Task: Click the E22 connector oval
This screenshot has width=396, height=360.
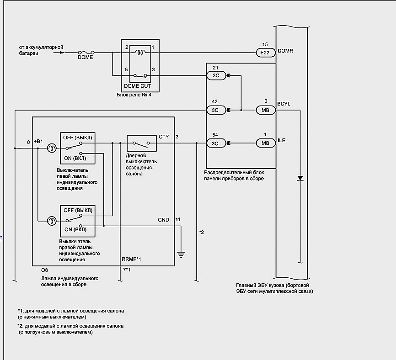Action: (x=265, y=53)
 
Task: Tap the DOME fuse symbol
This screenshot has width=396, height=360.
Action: (x=86, y=53)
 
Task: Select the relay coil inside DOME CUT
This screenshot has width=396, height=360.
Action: (x=140, y=52)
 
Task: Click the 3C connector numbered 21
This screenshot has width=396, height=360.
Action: (x=216, y=75)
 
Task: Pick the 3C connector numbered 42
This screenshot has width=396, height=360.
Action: (x=216, y=110)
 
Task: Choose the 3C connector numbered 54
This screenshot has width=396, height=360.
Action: (x=216, y=143)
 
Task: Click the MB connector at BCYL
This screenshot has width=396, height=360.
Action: (x=266, y=110)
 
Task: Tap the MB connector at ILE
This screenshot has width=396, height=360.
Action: (x=266, y=143)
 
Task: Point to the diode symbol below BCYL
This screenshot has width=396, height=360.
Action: (x=300, y=178)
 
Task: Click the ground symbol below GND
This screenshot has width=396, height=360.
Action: (x=181, y=254)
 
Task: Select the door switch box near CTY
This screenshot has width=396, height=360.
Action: (x=141, y=143)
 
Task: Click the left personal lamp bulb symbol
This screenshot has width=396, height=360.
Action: (x=52, y=148)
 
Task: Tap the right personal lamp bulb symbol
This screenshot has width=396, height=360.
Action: (x=52, y=221)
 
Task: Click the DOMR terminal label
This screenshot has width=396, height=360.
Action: (x=285, y=51)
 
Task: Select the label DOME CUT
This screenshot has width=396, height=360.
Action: (x=137, y=86)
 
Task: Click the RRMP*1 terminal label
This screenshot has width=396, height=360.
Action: (x=131, y=259)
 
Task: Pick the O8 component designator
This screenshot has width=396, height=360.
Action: (x=44, y=270)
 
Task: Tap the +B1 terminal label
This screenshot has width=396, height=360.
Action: (x=38, y=141)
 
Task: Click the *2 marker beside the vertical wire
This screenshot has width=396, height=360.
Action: (x=202, y=232)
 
